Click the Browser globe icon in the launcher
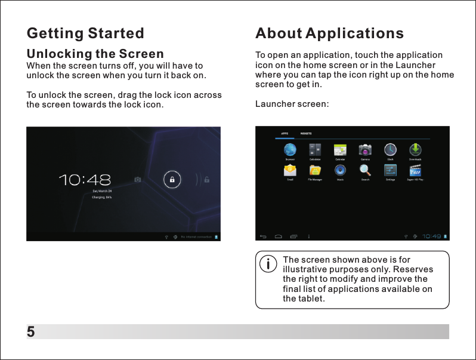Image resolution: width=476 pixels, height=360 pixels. tap(290, 149)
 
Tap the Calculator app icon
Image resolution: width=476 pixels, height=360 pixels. tap(315, 149)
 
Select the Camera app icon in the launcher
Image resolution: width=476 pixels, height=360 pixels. tap(364, 149)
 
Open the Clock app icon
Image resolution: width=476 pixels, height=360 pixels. tap(390, 149)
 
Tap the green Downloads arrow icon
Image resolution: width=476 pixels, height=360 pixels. tap(415, 149)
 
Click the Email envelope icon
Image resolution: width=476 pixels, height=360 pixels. tap(290, 170)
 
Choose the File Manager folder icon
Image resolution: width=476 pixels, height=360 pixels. tap(315, 170)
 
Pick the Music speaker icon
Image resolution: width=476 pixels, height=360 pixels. tap(340, 170)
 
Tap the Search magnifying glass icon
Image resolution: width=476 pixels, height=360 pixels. tap(364, 170)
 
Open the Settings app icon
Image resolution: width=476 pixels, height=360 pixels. tap(390, 170)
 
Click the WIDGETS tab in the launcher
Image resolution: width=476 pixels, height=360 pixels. tap(306, 133)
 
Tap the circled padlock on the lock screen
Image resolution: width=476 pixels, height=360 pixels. tap(172, 179)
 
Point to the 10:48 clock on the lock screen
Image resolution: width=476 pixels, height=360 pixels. tap(85, 179)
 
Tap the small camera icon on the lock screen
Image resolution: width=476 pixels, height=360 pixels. tap(138, 179)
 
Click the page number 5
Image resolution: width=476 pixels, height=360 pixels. tap(30, 332)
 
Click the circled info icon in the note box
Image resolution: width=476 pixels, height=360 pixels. tap(269, 263)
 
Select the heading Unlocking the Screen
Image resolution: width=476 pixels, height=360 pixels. tap(95, 54)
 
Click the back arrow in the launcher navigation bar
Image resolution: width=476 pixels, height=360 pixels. tap(264, 236)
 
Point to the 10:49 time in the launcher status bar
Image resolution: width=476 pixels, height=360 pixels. tap(432, 236)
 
